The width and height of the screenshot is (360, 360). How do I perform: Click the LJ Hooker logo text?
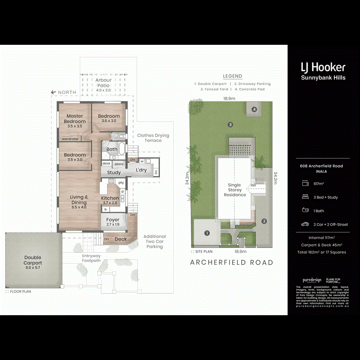point(323,67)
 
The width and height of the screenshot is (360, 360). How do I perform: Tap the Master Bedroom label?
point(75,119)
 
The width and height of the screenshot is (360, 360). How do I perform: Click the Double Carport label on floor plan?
point(32,260)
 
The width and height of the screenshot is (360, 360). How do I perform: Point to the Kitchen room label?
point(110,198)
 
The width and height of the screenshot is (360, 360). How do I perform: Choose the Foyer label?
point(113,220)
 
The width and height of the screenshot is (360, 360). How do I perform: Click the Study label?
point(114,172)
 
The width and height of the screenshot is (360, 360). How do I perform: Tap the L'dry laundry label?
point(141,170)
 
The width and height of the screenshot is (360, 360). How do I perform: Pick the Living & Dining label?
point(79,200)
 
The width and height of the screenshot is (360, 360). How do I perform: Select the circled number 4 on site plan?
point(254,109)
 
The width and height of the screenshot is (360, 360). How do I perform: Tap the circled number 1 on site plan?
point(207,233)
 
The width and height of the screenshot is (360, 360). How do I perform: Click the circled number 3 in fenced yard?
point(230,124)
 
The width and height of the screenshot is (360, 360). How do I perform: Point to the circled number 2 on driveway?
point(264,221)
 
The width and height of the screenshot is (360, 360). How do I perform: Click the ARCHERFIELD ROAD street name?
point(232,263)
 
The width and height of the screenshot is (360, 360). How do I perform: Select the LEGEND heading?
point(232,76)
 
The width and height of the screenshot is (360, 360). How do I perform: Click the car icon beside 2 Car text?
point(305,224)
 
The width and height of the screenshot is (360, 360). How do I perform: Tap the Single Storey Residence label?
point(234,190)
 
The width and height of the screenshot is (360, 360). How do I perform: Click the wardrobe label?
point(70,139)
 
